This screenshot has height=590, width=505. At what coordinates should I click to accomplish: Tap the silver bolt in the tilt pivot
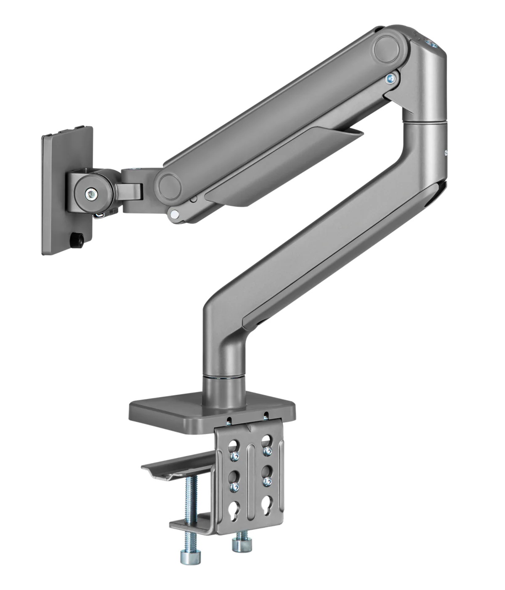[x=91, y=194]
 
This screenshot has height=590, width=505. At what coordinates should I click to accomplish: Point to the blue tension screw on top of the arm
[x=432, y=44]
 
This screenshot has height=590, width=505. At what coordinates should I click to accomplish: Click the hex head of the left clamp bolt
[x=187, y=557]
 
